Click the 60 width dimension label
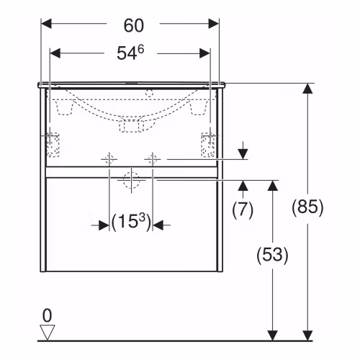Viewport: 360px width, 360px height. point(134,25)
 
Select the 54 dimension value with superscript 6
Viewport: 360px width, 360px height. point(130,53)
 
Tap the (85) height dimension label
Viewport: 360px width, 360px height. point(307,207)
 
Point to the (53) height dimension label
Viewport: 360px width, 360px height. point(272,255)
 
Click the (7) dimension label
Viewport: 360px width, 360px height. point(243,210)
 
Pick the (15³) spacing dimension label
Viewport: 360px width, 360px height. point(131,222)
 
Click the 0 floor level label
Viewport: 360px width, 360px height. point(47,315)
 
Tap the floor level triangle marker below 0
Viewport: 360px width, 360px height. point(48,332)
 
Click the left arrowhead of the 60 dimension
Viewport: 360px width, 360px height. point(46,24)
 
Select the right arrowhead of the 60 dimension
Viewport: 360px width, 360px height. point(214,24)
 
